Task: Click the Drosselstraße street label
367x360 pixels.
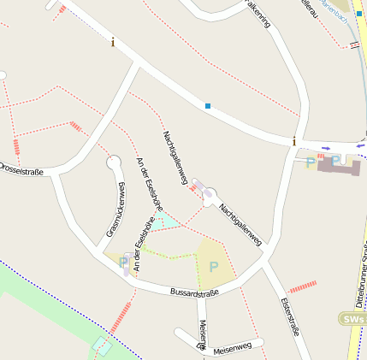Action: pos(21,168)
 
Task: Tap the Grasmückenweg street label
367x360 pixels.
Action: pos(117,210)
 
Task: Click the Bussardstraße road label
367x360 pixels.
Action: pos(194,293)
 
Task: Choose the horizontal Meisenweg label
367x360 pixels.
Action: pos(232,347)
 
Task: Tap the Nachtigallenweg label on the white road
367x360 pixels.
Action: pos(240,225)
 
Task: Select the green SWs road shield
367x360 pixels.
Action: pos(351,318)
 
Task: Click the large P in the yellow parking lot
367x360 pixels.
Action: pos(213,266)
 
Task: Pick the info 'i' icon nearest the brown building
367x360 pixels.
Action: pos(294,141)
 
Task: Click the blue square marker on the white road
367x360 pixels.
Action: pos(207,106)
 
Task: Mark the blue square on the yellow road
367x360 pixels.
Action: pos(359,14)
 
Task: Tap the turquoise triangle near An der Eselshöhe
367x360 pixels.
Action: pos(164,221)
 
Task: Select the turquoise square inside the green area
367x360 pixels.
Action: pos(102,345)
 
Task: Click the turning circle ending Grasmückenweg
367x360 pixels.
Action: pos(113,161)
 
